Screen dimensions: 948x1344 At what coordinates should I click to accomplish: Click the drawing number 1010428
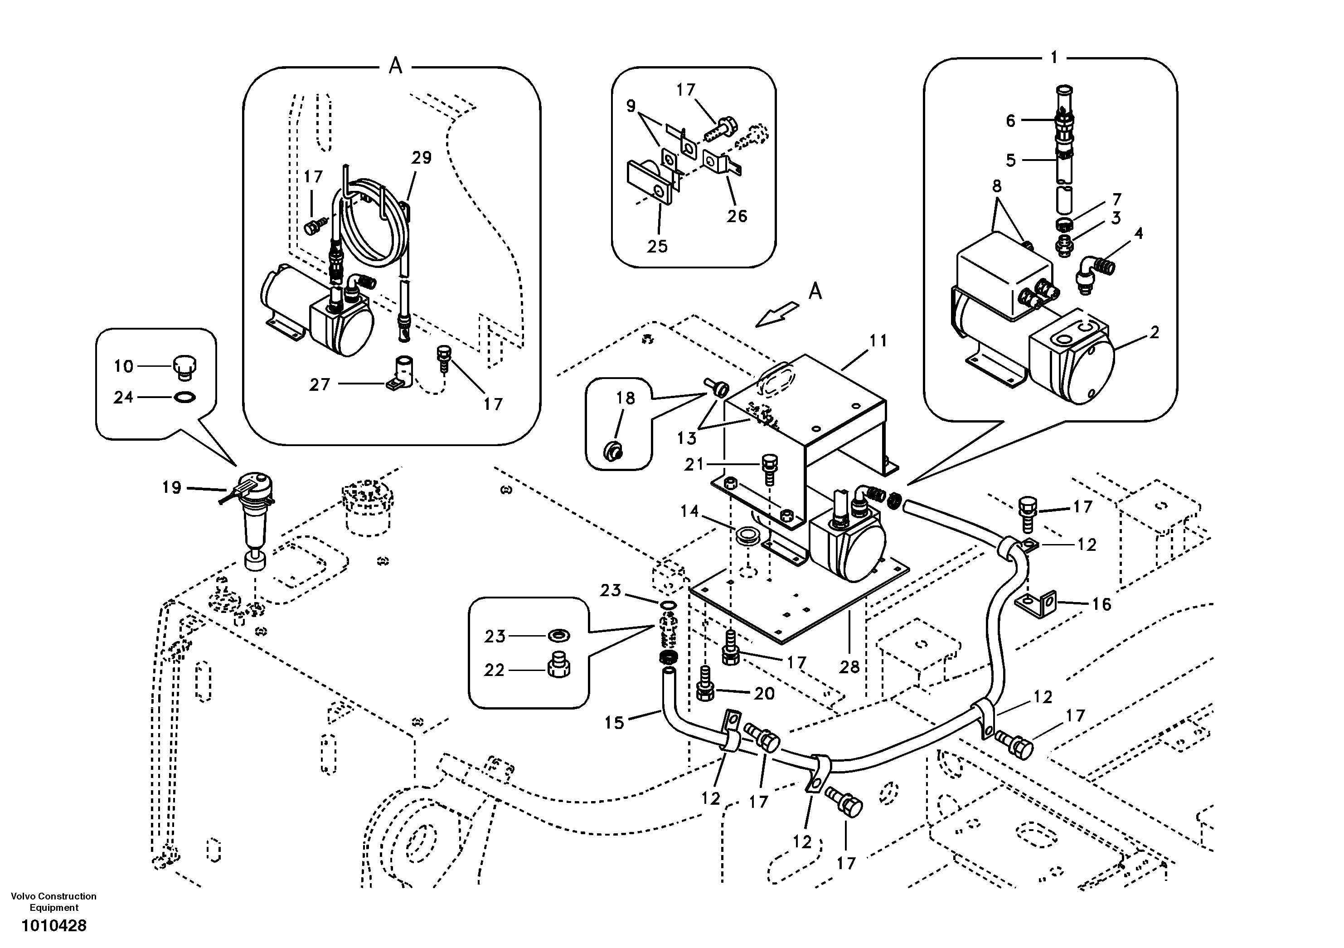54,926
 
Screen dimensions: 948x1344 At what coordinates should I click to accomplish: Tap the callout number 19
171,487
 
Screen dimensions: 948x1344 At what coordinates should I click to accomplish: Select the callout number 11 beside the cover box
878,340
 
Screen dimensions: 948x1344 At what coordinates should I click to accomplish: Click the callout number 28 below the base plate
849,666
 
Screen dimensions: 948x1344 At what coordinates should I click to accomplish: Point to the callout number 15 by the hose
614,723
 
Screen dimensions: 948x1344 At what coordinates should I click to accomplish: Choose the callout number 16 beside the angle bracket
1101,604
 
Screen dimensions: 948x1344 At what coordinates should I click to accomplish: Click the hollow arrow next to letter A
777,313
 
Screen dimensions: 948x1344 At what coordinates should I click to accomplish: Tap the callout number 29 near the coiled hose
422,157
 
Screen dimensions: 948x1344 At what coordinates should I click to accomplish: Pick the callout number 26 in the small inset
737,216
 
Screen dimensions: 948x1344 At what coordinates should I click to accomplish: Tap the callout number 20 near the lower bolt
764,693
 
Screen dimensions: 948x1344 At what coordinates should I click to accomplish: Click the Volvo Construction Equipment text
54,902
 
